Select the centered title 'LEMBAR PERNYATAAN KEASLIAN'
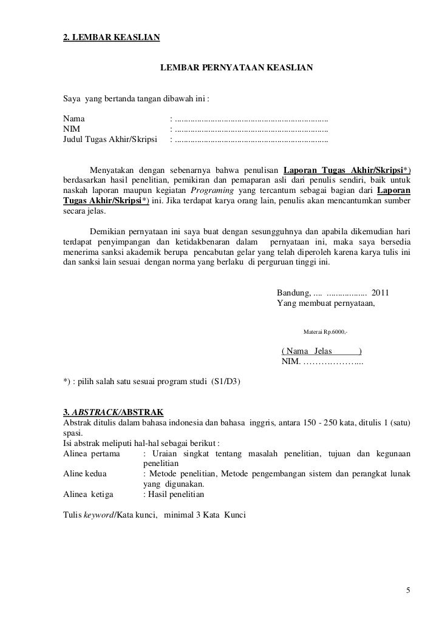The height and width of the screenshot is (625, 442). click(237, 71)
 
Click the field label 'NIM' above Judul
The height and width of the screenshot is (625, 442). click(72, 129)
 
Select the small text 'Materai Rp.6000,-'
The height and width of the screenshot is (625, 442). click(325, 331)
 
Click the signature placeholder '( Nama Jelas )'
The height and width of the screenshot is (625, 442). click(322, 351)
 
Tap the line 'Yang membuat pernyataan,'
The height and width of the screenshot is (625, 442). click(326, 303)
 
